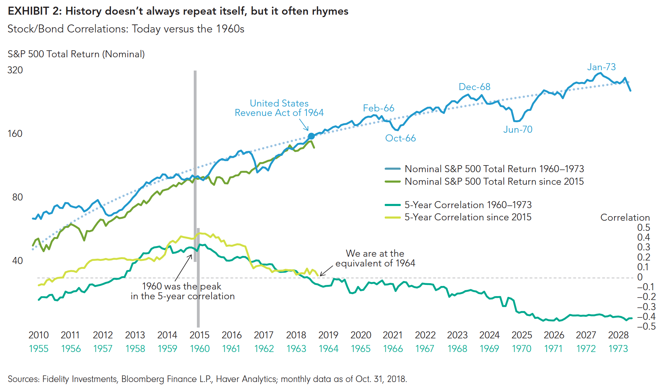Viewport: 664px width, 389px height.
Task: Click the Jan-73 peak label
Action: coord(601,67)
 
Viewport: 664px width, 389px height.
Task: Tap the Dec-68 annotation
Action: coord(474,87)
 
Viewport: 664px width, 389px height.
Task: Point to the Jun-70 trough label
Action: coord(518,130)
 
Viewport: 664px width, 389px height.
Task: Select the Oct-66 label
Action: coord(400,138)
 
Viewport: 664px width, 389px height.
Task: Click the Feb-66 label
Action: coord(378,108)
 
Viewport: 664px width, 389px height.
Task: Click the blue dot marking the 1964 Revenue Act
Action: coord(311,136)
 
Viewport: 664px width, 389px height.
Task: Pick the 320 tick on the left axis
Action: coord(15,70)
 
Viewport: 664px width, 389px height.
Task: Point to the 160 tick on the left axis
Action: coord(15,134)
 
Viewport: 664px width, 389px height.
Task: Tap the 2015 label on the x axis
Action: coord(199,335)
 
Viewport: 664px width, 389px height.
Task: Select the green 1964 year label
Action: coord(329,349)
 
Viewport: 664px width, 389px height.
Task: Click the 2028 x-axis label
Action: coord(618,335)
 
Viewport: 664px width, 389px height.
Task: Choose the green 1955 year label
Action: coord(38,349)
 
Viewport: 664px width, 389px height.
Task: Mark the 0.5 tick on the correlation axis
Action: coord(643,228)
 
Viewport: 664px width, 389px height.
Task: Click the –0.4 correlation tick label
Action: coord(646,317)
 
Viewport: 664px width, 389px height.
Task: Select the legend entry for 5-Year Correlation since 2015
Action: coord(468,217)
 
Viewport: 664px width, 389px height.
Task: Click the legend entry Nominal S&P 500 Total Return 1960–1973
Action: coord(494,169)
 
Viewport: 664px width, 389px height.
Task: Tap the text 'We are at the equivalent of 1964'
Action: coord(375,258)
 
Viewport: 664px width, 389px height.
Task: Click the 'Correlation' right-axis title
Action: coord(625,218)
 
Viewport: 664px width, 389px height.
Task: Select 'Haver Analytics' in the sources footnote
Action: coord(246,379)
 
